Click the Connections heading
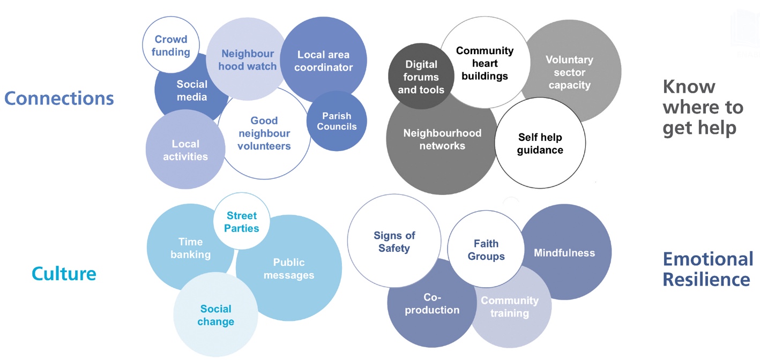[x=59, y=99]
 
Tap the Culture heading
[x=64, y=274]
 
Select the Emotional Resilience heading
[x=707, y=269]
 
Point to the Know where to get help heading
[x=703, y=108]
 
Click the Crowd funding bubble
[x=172, y=46]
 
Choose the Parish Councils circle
[x=337, y=121]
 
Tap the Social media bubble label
[x=191, y=91]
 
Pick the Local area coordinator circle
[x=323, y=61]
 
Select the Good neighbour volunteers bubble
[x=264, y=133]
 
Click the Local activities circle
[x=185, y=150]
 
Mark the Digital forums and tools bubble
[x=421, y=77]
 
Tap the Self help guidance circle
[x=540, y=144]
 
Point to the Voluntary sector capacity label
[x=569, y=72]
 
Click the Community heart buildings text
[x=485, y=63]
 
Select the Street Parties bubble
[x=241, y=222]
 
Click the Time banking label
[x=190, y=248]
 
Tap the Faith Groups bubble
[x=486, y=250]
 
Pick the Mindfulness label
[x=564, y=252]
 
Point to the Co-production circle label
[x=432, y=303]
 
